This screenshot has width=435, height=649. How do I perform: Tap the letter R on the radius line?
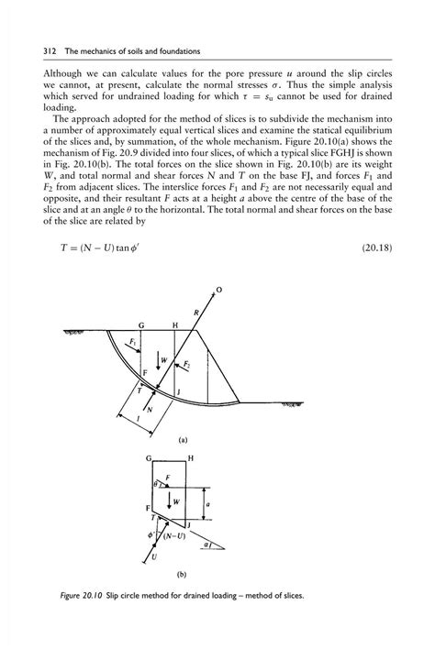pyautogui.click(x=195, y=313)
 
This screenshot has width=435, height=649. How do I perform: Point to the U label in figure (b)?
pyautogui.click(x=152, y=556)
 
